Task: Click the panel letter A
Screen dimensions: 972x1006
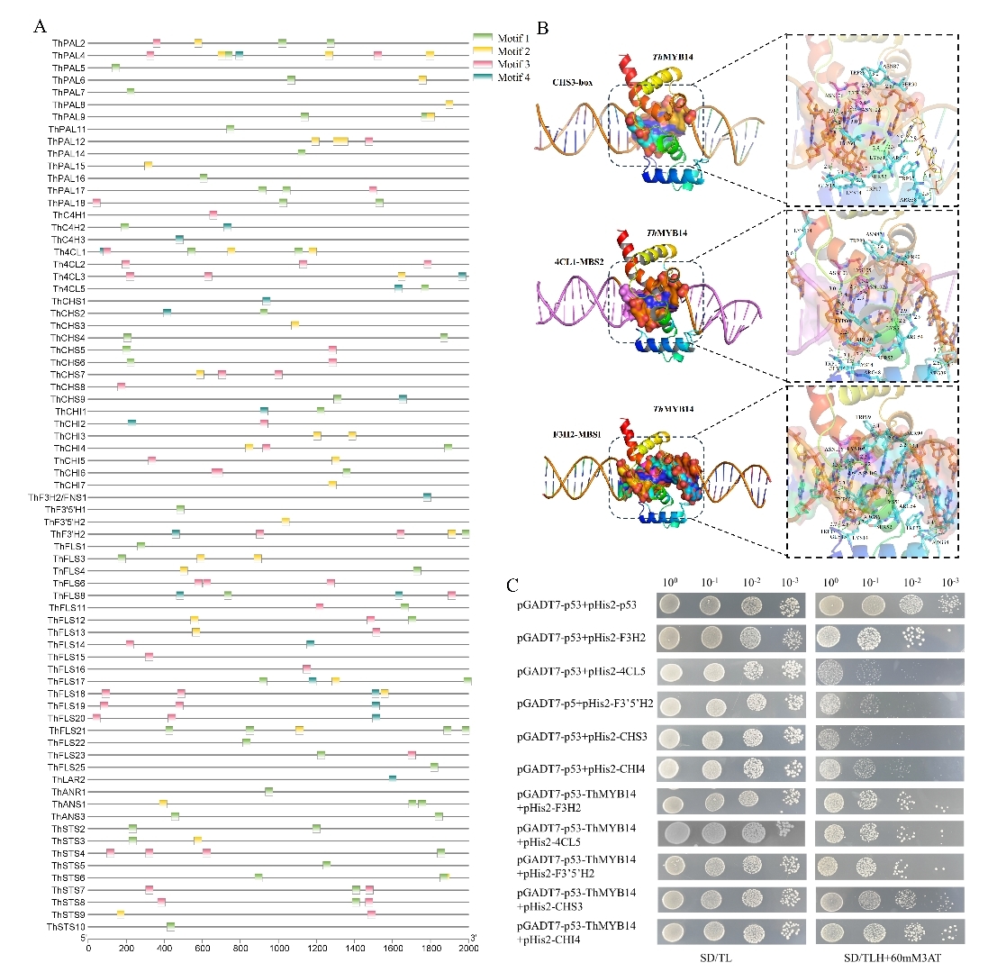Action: click(x=39, y=25)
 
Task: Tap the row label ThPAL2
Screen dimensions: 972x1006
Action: click(x=68, y=43)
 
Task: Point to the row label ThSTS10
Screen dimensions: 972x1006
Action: click(x=67, y=926)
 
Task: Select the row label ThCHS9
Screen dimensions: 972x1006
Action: click(x=68, y=399)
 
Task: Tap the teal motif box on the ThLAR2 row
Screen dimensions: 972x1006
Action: click(x=393, y=778)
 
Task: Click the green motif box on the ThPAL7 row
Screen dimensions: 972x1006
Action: click(x=131, y=92)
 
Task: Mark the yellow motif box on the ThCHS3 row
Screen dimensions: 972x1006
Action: click(x=295, y=325)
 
